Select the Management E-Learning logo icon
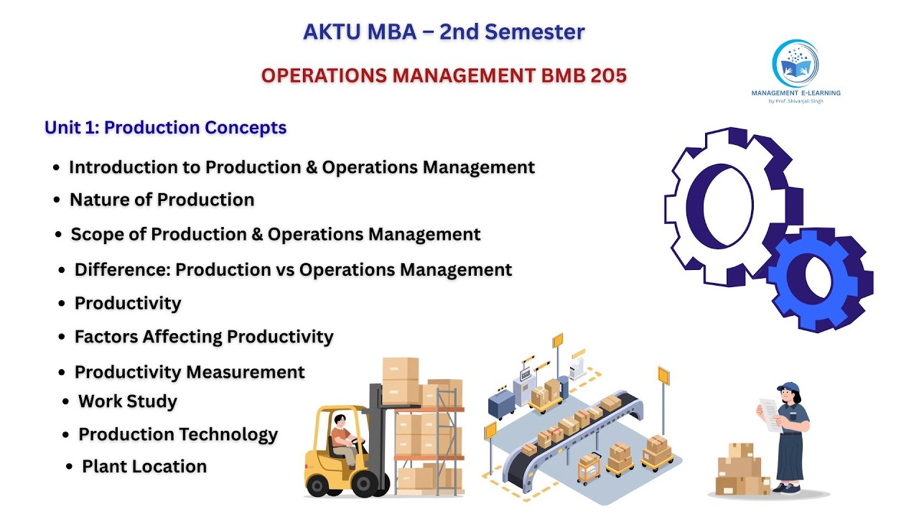click(x=795, y=64)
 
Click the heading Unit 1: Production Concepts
click(x=165, y=128)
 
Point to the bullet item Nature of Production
click(x=162, y=200)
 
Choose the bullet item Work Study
click(x=127, y=401)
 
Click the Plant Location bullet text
click(x=144, y=467)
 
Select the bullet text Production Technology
click(x=177, y=434)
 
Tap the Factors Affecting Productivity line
click(x=204, y=337)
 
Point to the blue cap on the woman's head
click(x=787, y=387)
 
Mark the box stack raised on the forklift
click(x=401, y=381)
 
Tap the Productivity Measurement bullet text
click(x=190, y=373)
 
